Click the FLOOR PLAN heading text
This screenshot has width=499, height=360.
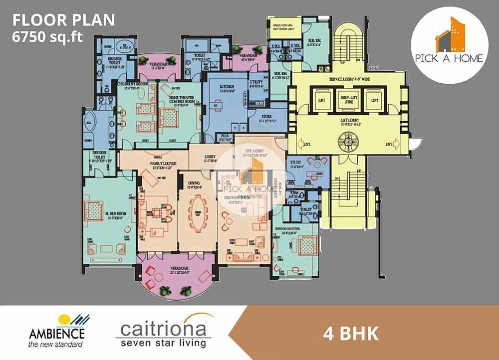click(63, 20)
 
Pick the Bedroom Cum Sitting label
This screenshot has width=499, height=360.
click(291, 231)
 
